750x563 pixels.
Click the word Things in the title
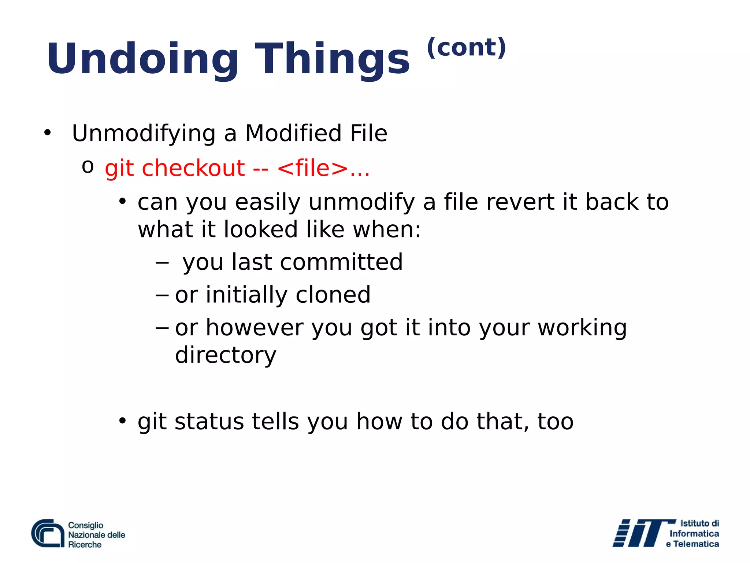click(332, 59)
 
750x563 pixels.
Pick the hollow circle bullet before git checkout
click(88, 167)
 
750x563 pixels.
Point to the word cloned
click(333, 295)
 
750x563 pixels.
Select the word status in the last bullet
click(209, 421)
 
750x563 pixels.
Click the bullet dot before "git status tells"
click(122, 421)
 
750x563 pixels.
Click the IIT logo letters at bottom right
click(639, 533)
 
